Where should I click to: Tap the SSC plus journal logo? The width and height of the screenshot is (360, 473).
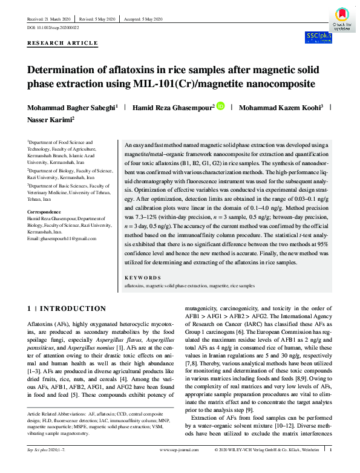[317, 38]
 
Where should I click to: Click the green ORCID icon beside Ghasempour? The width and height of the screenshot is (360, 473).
[220, 106]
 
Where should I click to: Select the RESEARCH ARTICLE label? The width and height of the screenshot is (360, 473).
[62, 44]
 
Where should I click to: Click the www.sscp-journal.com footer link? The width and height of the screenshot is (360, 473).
[180, 466]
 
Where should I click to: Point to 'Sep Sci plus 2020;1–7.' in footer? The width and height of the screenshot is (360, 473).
[46, 466]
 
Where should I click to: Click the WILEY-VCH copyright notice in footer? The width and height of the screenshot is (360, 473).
[267, 466]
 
